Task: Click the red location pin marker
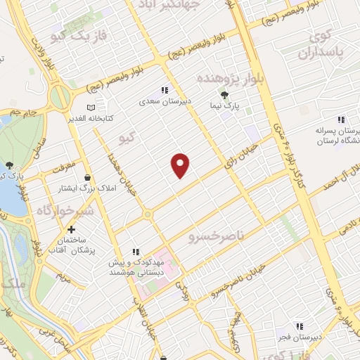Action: pos(181,165)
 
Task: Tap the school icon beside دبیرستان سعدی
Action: pos(165,90)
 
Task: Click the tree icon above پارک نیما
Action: pos(224,96)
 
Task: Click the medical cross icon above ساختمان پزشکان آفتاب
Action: pos(71,229)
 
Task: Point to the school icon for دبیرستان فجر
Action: pos(300,326)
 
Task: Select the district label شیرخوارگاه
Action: pos(45,210)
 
